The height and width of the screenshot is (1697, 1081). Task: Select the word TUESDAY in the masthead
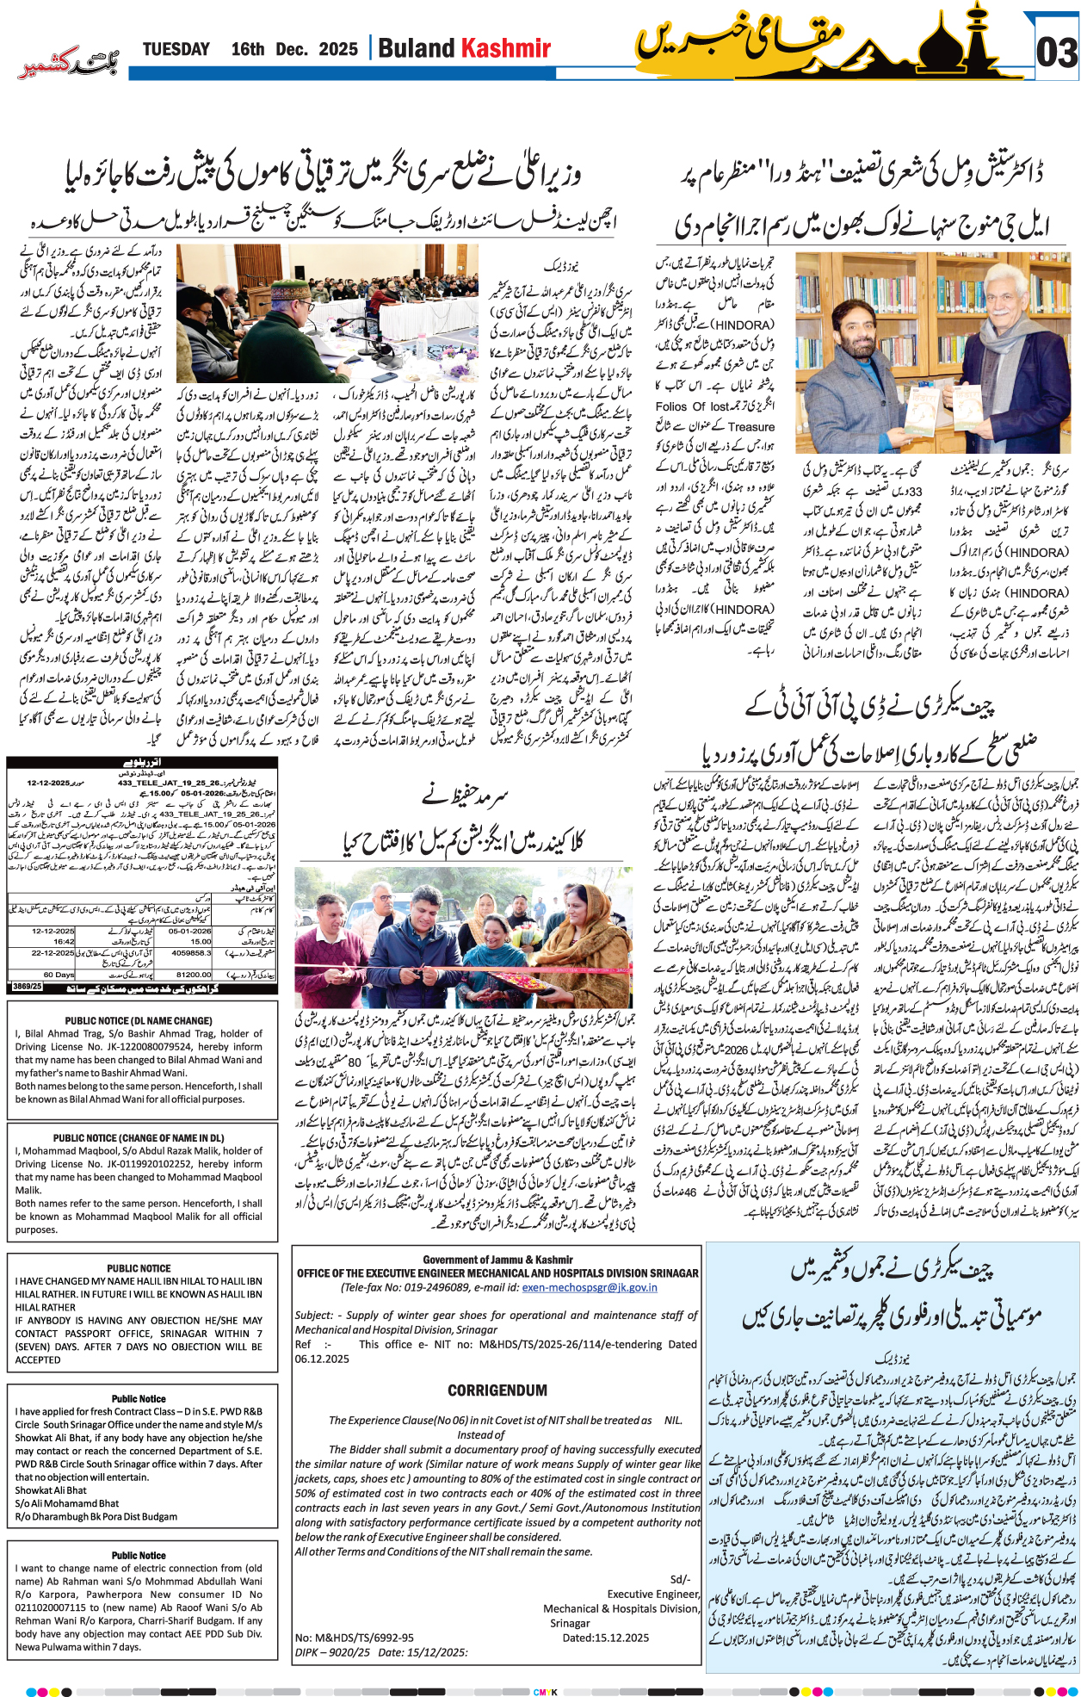(176, 49)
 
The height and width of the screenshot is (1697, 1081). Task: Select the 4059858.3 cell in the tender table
(191, 953)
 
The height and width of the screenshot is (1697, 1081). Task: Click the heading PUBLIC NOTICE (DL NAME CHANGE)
(139, 1020)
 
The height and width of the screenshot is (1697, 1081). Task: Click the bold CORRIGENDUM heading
(497, 1390)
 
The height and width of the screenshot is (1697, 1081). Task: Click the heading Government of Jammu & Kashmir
(497, 1259)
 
